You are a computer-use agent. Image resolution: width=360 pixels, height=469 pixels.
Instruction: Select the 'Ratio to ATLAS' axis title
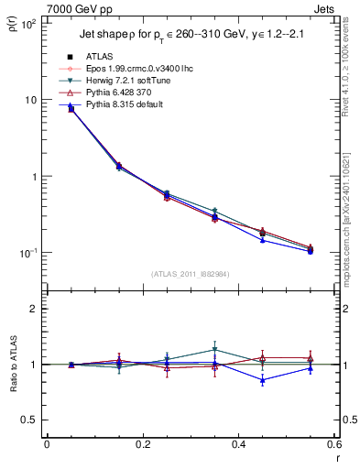(x=11, y=365)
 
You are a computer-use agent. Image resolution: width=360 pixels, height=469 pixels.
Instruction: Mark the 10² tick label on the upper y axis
(x=30, y=24)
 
